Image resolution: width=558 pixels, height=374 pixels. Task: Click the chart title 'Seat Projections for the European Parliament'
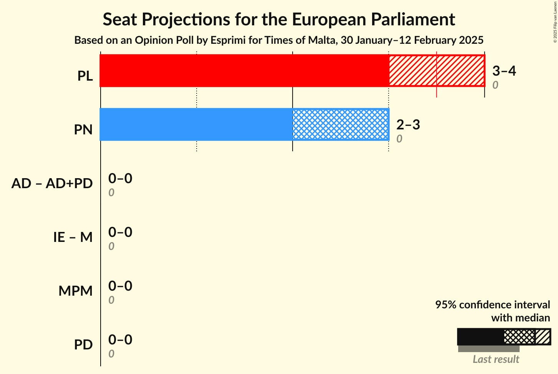(279, 19)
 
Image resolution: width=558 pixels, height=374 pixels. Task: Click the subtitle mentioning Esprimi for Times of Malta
(279, 40)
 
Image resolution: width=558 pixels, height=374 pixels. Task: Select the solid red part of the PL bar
(244, 71)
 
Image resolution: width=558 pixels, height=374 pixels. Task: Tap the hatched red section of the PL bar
(437, 71)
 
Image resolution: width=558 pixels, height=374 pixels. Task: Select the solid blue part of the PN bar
(196, 124)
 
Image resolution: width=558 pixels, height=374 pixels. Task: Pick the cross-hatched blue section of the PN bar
(340, 124)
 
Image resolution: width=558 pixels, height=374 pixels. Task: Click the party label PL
(85, 76)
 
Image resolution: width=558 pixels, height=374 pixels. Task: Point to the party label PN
(83, 130)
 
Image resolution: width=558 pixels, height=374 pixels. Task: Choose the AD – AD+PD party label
(52, 184)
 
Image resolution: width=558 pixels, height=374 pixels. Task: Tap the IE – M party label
(73, 237)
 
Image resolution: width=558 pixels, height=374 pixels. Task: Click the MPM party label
(76, 291)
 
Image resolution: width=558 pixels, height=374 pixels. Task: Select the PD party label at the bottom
(83, 345)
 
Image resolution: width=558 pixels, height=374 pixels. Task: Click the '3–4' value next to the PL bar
(504, 71)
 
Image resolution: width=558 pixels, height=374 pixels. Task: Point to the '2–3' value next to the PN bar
(408, 125)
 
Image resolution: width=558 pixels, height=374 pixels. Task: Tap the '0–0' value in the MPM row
(120, 286)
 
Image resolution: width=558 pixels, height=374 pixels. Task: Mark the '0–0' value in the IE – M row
(120, 232)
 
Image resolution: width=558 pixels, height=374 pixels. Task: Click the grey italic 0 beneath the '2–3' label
(399, 139)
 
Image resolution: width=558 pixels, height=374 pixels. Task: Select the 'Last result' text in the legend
(496, 359)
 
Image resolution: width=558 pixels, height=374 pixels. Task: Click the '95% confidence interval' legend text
(492, 305)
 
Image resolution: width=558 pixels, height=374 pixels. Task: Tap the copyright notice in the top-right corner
(555, 21)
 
